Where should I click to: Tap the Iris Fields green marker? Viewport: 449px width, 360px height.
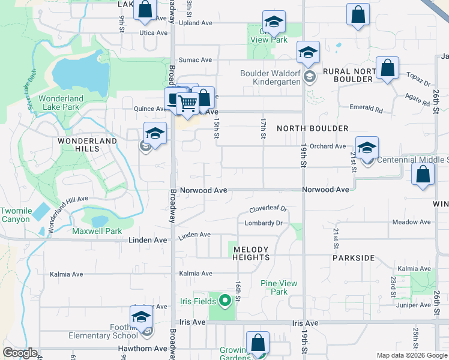pyautogui.click(x=225, y=301)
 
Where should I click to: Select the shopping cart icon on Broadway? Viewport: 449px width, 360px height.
pyautogui.click(x=188, y=103)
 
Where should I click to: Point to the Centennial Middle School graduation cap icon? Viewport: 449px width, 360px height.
pyautogui.click(x=367, y=148)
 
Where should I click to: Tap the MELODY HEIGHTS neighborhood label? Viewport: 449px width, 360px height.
pyautogui.click(x=251, y=253)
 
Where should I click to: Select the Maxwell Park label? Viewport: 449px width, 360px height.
pyautogui.click(x=97, y=231)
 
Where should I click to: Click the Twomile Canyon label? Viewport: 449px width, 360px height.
pyautogui.click(x=16, y=215)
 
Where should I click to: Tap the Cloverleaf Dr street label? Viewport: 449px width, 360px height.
pyautogui.click(x=268, y=209)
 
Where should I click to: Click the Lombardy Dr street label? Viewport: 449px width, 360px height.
pyautogui.click(x=263, y=223)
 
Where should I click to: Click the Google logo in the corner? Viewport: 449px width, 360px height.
pyautogui.click(x=20, y=353)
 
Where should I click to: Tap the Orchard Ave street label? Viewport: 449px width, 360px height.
pyautogui.click(x=329, y=146)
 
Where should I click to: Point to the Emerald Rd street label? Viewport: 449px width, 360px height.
pyautogui.click(x=366, y=109)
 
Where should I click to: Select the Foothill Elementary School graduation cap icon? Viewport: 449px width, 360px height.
pyautogui.click(x=142, y=317)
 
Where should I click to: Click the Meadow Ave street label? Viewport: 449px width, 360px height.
pyautogui.click(x=411, y=222)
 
